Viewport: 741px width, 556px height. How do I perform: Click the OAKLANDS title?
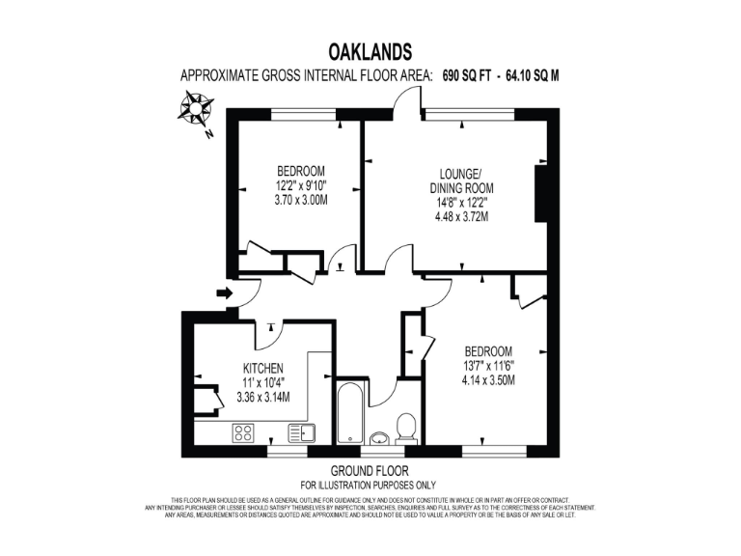[x=370, y=51]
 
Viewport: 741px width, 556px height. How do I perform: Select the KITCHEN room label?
[x=262, y=368]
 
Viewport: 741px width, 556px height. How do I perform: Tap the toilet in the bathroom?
[x=406, y=426]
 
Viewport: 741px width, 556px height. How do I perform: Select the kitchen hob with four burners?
[x=243, y=433]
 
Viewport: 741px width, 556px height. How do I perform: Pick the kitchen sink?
[x=307, y=433]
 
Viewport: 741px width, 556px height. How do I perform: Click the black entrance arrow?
[x=224, y=292]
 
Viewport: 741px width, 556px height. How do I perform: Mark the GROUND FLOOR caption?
[x=370, y=471]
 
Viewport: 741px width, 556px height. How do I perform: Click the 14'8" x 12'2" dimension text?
[x=460, y=203]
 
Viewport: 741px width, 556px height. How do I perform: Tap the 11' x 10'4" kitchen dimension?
[x=262, y=382]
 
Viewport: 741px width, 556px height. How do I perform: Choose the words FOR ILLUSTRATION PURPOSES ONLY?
[x=370, y=485]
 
